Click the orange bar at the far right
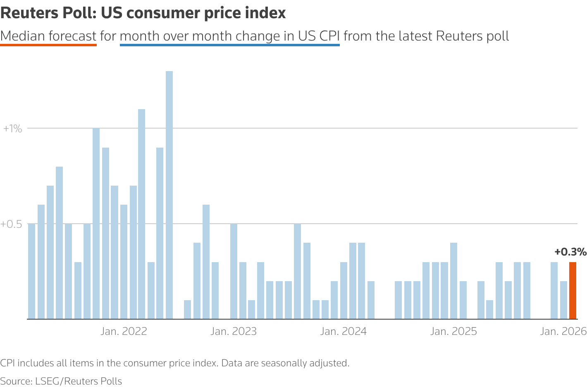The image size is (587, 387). pos(573,291)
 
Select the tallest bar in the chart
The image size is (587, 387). pos(169,195)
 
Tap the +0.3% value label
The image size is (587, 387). pos(570,252)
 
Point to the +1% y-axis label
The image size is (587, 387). pos(12,129)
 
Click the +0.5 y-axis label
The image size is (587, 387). pos(11,224)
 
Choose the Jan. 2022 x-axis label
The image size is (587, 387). pos(124,332)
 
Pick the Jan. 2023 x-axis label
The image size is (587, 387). pos(234,332)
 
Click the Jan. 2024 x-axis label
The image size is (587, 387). pos(344,332)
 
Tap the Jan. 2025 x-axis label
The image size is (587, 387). pos(453,332)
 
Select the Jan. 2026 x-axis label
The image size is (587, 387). pos(563,332)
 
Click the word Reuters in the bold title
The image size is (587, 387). pos(30,13)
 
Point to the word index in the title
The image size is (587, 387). pos(268,13)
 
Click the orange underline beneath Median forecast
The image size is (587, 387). pos(48,45)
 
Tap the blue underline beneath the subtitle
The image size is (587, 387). pos(229,45)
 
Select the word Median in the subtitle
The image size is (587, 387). pos(23,36)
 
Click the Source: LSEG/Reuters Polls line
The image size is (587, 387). pos(61,381)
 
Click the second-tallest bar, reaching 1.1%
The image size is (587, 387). pos(141,214)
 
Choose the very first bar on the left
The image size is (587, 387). pos(31,271)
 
